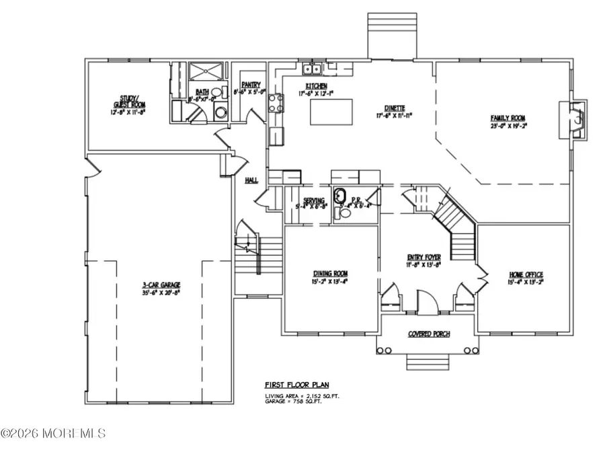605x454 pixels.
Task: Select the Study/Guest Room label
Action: (128, 106)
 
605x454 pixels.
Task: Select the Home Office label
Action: (526, 274)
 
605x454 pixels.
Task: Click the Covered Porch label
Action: (429, 334)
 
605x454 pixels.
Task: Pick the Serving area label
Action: (314, 200)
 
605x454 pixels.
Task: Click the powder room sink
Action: (341, 197)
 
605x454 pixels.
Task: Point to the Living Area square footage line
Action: (301, 397)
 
